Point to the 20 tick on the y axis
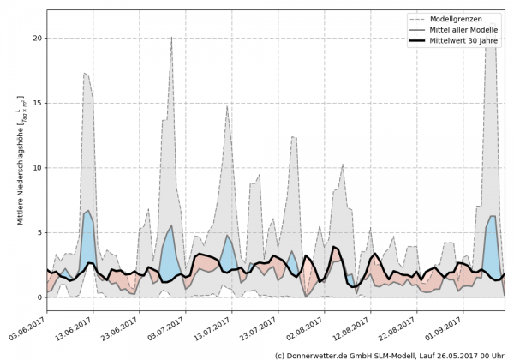(x=39, y=39)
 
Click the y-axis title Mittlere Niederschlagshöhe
(x=20, y=159)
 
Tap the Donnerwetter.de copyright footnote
(x=390, y=353)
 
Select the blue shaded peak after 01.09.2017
(x=492, y=240)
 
